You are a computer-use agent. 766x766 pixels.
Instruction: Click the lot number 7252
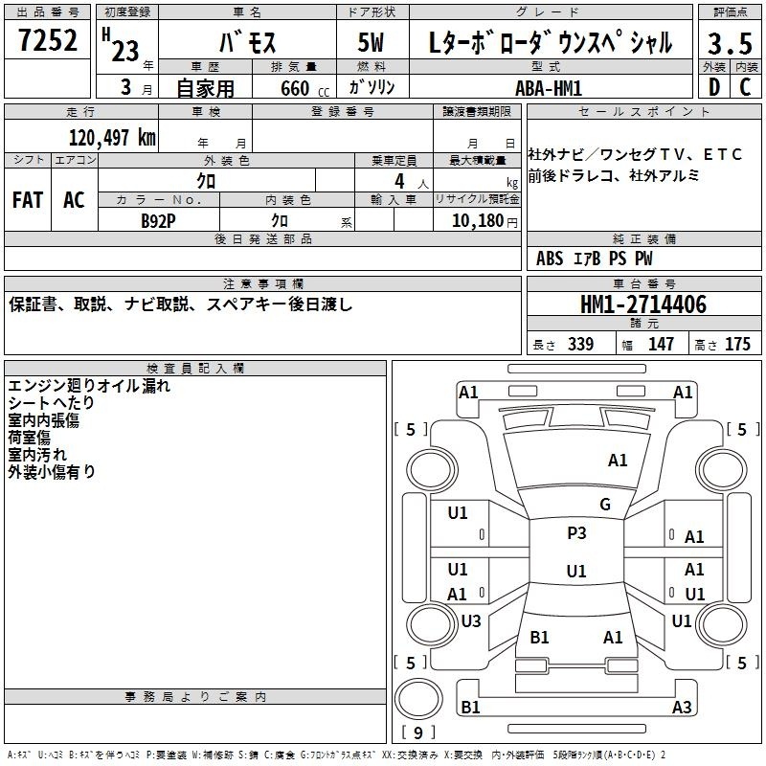point(48,44)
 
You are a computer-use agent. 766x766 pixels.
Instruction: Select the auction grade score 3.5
point(729,44)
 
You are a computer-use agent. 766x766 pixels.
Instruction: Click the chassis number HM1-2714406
point(643,305)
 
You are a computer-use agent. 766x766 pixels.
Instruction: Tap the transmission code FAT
point(27,200)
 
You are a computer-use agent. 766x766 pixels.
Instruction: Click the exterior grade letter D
point(713,87)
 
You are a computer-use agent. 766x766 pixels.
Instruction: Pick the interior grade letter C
point(745,87)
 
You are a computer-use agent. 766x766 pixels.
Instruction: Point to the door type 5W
point(372,44)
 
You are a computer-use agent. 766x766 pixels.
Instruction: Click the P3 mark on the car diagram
point(576,533)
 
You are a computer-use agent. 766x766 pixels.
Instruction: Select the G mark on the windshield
point(604,505)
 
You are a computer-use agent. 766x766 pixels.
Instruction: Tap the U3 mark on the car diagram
point(470,621)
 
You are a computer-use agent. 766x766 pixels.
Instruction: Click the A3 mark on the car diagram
point(682,708)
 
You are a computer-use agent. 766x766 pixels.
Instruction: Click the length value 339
point(579,345)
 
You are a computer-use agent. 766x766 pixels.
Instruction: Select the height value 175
point(737,345)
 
